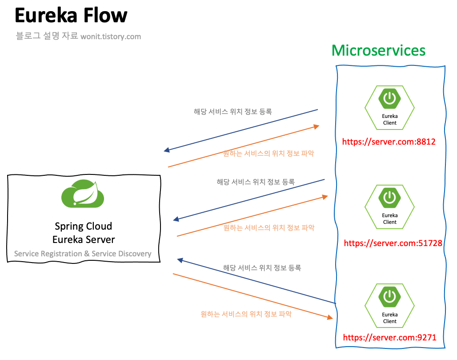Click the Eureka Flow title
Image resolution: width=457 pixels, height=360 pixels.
[71, 15]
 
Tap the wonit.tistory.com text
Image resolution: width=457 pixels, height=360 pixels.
[111, 36]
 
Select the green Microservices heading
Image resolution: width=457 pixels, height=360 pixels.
[378, 50]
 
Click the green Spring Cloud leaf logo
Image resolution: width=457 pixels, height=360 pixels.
[83, 194]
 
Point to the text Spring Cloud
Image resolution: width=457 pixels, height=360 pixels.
[84, 227]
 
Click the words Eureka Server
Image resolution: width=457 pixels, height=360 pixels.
[84, 239]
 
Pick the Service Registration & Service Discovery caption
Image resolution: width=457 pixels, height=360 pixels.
[83, 254]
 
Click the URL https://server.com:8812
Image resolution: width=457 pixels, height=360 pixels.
[389, 142]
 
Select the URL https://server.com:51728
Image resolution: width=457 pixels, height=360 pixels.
[393, 243]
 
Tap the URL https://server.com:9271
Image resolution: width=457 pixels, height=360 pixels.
[390, 338]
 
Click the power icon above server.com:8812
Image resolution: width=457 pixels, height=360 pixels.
[390, 99]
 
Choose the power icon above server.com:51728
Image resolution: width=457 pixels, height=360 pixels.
[390, 198]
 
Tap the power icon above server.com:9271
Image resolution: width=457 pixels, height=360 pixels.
[390, 297]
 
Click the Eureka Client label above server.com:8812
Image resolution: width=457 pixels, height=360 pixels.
[390, 120]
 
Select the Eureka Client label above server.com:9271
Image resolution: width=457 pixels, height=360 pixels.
[390, 318]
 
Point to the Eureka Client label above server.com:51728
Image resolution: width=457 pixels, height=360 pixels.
[390, 219]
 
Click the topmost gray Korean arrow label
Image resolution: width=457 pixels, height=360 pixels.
[233, 111]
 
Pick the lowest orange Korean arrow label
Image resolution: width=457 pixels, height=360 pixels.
[246, 314]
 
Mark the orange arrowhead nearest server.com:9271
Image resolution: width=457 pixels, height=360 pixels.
[330, 317]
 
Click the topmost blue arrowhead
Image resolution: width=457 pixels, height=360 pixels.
[167, 150]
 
